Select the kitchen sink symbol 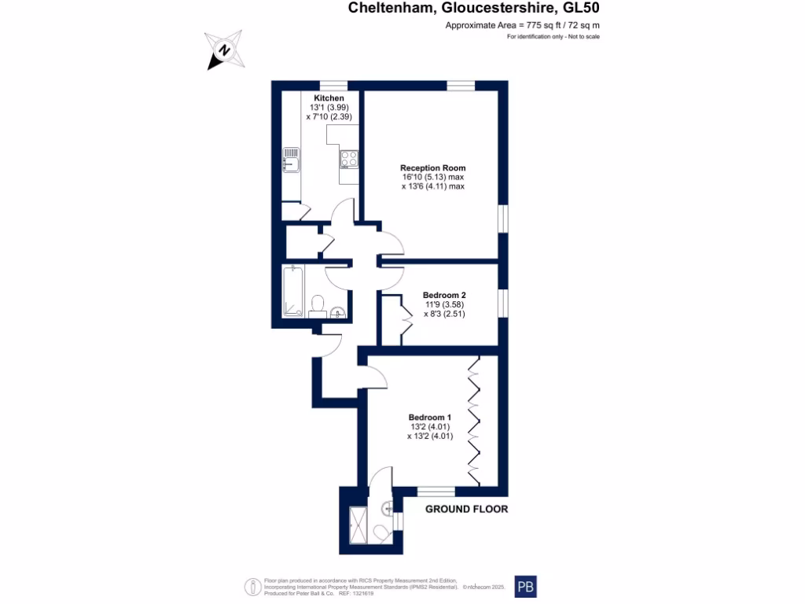(x=290, y=159)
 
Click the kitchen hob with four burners (x=348, y=159)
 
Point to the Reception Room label (x=432, y=168)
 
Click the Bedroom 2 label (x=444, y=295)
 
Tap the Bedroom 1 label (x=429, y=417)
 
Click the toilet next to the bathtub (x=318, y=304)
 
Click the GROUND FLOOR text (x=466, y=509)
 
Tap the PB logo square (x=527, y=587)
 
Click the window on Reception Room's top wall (x=461, y=86)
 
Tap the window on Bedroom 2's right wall (x=502, y=303)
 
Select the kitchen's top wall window (x=333, y=86)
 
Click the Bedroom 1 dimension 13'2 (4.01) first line (x=428, y=426)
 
